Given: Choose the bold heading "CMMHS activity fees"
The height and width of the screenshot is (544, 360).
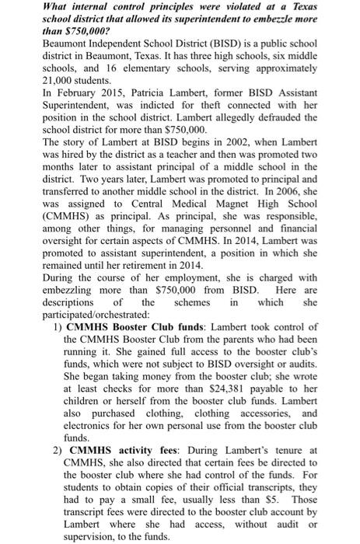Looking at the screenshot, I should pos(119,449).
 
